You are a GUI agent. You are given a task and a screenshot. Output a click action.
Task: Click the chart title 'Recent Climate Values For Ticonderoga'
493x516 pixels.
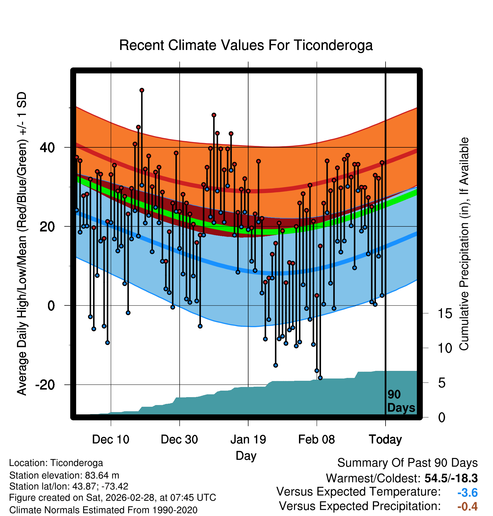(x=246, y=45)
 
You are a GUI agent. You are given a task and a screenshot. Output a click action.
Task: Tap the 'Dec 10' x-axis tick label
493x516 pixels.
(x=111, y=440)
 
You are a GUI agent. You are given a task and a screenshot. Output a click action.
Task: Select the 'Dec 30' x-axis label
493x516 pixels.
(x=179, y=440)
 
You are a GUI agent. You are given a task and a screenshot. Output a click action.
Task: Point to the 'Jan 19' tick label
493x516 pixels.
(x=248, y=440)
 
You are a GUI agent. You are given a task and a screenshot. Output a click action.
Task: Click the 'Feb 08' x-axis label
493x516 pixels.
(x=316, y=440)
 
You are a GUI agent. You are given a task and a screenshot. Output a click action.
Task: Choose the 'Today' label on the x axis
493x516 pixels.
(x=385, y=440)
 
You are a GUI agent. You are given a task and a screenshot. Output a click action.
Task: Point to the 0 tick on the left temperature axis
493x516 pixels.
(x=51, y=306)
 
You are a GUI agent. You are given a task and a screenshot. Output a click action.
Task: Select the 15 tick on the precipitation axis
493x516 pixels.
(x=445, y=314)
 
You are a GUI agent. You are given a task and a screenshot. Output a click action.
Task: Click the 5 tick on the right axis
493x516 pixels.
(x=442, y=383)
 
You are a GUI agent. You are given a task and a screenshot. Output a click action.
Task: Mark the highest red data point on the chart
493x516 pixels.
(x=142, y=90)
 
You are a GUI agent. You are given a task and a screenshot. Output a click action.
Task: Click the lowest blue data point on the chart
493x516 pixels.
(x=320, y=378)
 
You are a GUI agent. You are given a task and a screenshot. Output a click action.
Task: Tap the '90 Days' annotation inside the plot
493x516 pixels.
(x=401, y=401)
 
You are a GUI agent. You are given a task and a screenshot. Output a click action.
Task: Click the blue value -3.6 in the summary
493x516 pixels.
(x=467, y=493)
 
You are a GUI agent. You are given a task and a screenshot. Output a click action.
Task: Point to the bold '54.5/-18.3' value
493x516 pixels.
(x=451, y=478)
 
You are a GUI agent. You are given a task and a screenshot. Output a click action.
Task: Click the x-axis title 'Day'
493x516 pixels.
(x=246, y=456)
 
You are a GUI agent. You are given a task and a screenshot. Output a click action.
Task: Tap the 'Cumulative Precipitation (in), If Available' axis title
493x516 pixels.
(x=464, y=244)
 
